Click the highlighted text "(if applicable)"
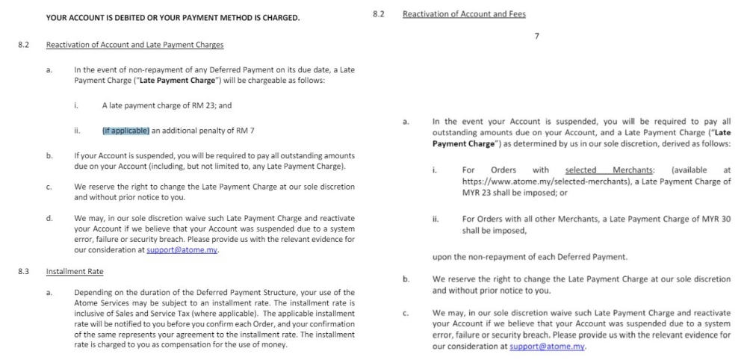pyautogui.click(x=126, y=131)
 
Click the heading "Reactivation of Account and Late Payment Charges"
pyautogui.click(x=134, y=45)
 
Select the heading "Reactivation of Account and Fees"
pyautogui.click(x=464, y=14)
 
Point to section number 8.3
pyautogui.click(x=23, y=271)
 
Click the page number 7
pyautogui.click(x=537, y=37)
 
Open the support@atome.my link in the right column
pyautogui.click(x=547, y=347)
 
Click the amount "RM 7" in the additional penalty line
pyautogui.click(x=245, y=131)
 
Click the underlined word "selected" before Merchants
pyautogui.click(x=580, y=170)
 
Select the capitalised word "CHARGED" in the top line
pyautogui.click(x=278, y=17)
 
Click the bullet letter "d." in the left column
pyautogui.click(x=49, y=218)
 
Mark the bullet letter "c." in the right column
pyautogui.click(x=406, y=314)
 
